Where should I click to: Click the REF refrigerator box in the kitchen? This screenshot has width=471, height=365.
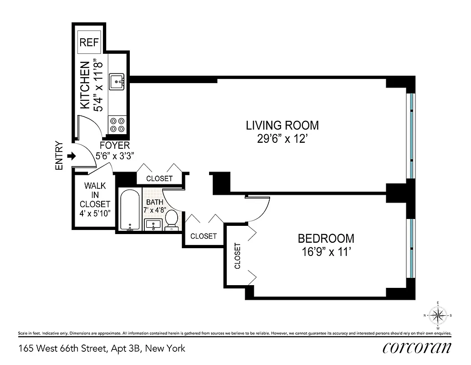click(89, 42)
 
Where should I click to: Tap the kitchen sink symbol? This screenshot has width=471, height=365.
click(117, 83)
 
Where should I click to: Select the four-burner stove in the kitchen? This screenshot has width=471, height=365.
click(117, 125)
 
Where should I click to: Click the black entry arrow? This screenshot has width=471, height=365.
click(71, 156)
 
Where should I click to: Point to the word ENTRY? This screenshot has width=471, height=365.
click(59, 156)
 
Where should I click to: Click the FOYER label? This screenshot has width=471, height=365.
click(115, 145)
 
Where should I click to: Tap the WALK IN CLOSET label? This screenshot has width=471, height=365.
click(95, 195)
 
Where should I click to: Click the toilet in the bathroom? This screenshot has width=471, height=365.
click(172, 219)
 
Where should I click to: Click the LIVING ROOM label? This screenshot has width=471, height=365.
click(282, 125)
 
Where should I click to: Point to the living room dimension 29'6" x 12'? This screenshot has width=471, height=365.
click(282, 138)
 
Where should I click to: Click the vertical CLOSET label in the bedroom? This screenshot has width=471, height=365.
click(237, 256)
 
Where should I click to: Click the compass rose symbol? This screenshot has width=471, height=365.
click(438, 314)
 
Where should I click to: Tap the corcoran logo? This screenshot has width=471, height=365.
click(417, 347)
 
